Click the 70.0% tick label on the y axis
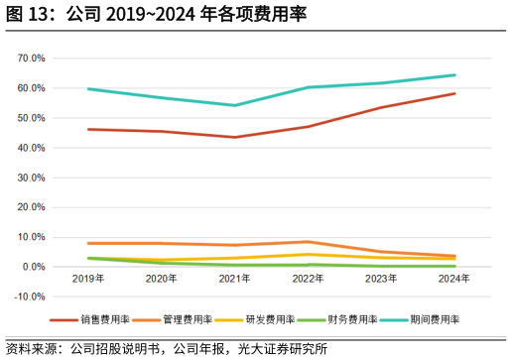pyautogui.click(x=32, y=59)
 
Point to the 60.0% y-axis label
pyautogui.click(x=32, y=88)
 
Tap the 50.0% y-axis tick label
pyautogui.click(x=32, y=118)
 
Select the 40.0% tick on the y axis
pyautogui.click(x=32, y=148)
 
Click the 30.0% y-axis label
pyautogui.click(x=32, y=178)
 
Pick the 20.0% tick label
pyautogui.click(x=32, y=207)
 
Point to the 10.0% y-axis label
pyautogui.click(x=32, y=237)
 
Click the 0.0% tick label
pyautogui.click(x=34, y=267)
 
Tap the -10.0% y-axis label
pyautogui.click(x=30, y=297)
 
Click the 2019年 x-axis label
pyautogui.click(x=88, y=280)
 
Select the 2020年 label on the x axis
pyautogui.click(x=162, y=280)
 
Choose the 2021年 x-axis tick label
pyautogui.click(x=235, y=280)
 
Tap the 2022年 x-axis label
pyautogui.click(x=308, y=280)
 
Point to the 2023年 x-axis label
pyautogui.click(x=381, y=280)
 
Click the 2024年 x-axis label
pyautogui.click(x=453, y=280)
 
